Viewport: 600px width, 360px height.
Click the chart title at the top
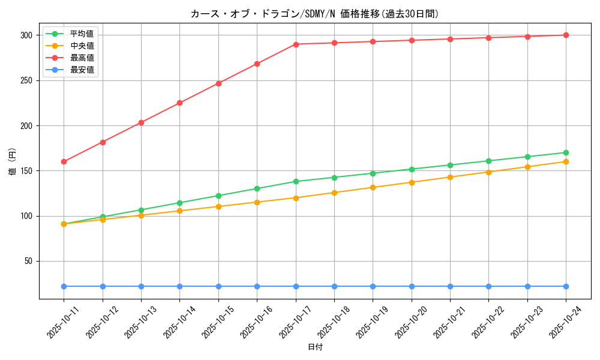(314, 14)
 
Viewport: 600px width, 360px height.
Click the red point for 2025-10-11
(64, 161)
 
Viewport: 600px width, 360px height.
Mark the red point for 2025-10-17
(296, 44)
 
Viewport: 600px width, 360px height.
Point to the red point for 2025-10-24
(566, 35)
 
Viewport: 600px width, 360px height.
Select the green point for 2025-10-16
(257, 188)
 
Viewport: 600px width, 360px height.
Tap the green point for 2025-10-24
(566, 152)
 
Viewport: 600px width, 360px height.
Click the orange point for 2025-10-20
(412, 182)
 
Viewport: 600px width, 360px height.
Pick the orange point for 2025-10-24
(566, 161)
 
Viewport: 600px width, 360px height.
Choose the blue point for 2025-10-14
(179, 286)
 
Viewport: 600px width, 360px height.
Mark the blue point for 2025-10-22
(488, 286)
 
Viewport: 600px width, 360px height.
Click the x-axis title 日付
(314, 347)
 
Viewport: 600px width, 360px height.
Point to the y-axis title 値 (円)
(13, 161)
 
